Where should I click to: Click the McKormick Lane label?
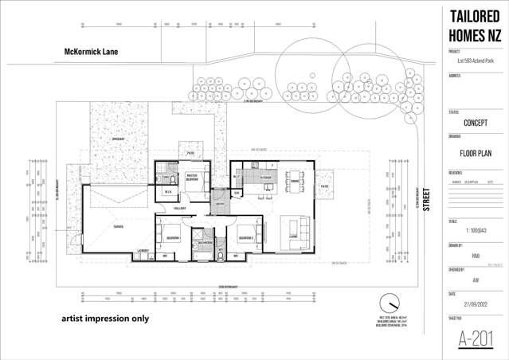click(91, 52)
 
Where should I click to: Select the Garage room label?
click(118, 225)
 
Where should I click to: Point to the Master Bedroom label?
click(192, 178)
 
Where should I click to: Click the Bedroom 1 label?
click(172, 237)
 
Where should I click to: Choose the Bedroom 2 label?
click(245, 237)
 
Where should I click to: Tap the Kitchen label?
click(266, 178)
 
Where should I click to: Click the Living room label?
click(293, 237)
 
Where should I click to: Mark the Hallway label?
click(181, 208)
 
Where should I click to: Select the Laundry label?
click(143, 251)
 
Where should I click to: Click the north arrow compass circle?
click(390, 305)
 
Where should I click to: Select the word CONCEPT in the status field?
click(475, 123)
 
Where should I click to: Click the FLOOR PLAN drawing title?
click(475, 155)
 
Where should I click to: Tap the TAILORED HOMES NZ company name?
click(475, 26)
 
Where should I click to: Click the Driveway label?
click(120, 139)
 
